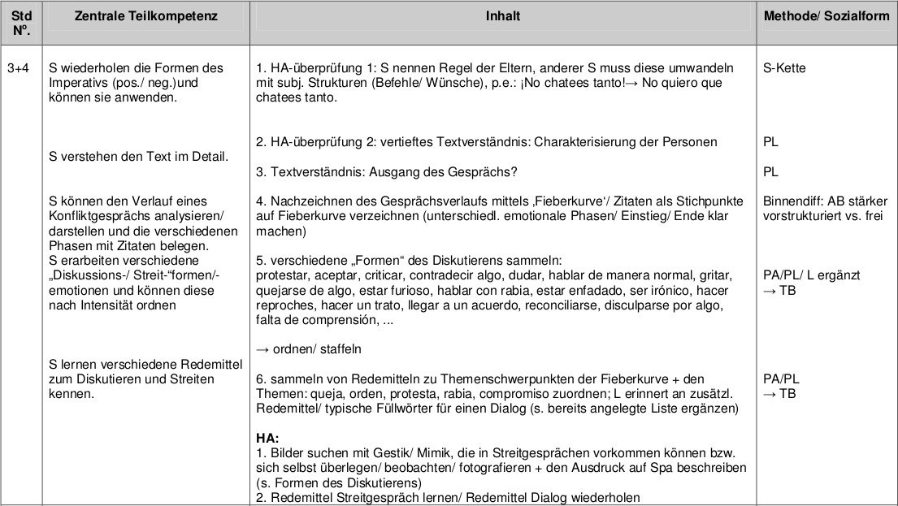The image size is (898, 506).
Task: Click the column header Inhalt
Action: tap(503, 16)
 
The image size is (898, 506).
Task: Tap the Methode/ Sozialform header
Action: tap(826, 16)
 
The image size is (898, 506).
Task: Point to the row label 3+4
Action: tap(18, 68)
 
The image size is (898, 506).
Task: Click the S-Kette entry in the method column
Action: tap(785, 68)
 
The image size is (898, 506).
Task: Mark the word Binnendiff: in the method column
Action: tap(794, 201)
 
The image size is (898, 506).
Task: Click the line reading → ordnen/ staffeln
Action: tap(308, 349)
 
